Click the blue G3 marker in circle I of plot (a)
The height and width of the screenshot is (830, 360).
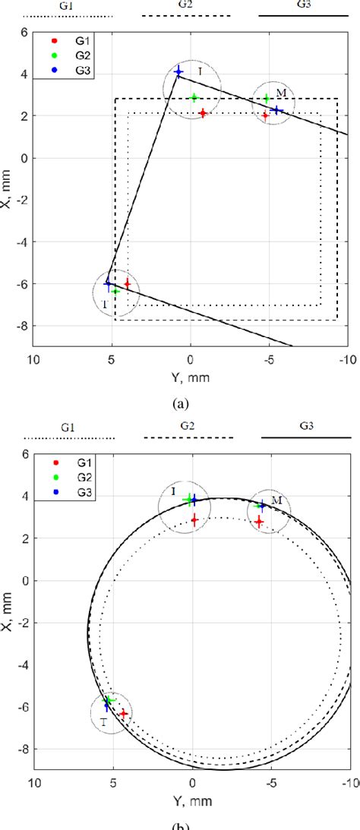click(x=178, y=72)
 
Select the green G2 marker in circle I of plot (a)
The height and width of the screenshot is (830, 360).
click(x=194, y=98)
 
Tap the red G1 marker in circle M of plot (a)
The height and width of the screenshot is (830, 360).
click(x=265, y=115)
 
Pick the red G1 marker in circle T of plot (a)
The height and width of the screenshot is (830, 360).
click(x=127, y=284)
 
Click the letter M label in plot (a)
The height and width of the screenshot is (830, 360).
click(x=281, y=93)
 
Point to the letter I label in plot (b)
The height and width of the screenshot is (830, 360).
click(x=174, y=491)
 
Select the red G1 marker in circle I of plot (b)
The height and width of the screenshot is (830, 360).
click(x=195, y=520)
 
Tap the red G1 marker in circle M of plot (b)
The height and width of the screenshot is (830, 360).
click(x=259, y=522)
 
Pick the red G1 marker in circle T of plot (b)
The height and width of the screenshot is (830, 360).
click(x=123, y=714)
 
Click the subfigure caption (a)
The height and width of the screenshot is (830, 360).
click(x=180, y=404)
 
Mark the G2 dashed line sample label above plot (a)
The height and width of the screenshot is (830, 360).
click(x=186, y=5)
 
